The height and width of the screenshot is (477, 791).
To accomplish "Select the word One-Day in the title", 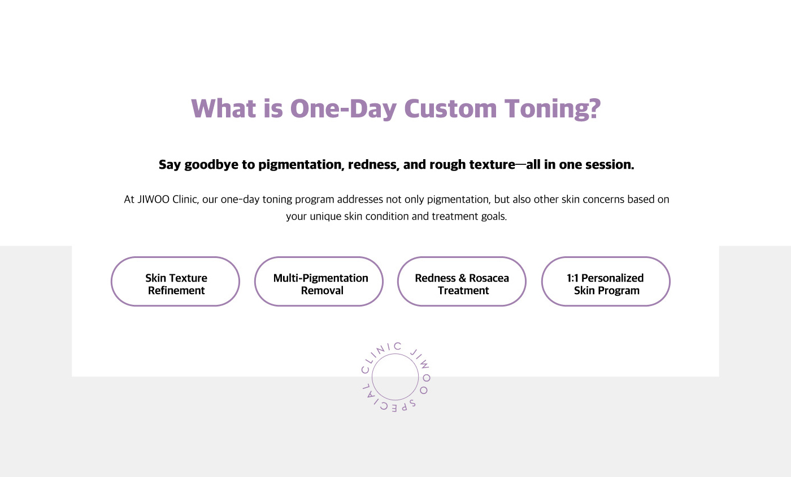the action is (344, 109).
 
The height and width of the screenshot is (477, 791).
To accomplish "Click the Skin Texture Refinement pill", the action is (176, 282).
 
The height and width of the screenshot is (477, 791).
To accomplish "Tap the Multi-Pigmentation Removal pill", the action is (319, 282).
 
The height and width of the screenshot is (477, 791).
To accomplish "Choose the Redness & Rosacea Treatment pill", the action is (462, 282).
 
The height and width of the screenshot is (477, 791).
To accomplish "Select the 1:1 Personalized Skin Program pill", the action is (606, 282).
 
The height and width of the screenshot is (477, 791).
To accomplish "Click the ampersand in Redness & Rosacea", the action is (463, 278).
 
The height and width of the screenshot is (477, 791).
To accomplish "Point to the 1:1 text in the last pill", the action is (572, 278).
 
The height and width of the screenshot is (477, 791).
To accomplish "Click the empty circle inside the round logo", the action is (395, 354).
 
